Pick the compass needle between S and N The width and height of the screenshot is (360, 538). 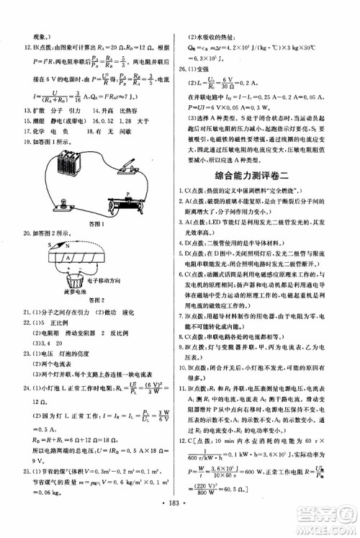[58, 246]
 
